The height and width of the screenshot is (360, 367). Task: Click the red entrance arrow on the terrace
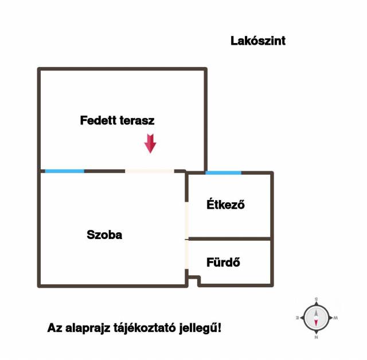(x=150, y=143)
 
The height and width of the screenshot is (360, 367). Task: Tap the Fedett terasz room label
(x=117, y=120)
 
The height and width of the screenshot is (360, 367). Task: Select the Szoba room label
(x=104, y=234)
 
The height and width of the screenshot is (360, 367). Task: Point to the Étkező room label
(x=225, y=204)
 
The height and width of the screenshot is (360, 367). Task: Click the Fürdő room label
(x=223, y=262)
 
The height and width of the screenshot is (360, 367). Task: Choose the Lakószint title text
(x=258, y=41)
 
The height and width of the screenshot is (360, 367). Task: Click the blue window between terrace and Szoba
(x=65, y=171)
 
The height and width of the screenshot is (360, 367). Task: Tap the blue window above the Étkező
(x=223, y=173)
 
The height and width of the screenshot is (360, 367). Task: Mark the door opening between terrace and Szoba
(x=150, y=171)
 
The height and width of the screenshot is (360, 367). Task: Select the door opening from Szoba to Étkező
(x=186, y=220)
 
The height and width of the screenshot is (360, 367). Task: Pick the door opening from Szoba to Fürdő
(x=186, y=255)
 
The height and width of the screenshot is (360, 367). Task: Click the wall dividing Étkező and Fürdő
(x=229, y=239)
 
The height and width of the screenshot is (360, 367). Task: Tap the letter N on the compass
(x=316, y=337)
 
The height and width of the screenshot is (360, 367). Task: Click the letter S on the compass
(x=316, y=299)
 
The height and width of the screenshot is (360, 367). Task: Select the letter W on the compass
(x=335, y=318)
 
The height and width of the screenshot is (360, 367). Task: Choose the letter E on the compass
(x=298, y=318)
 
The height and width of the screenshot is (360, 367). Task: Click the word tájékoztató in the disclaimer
(x=145, y=328)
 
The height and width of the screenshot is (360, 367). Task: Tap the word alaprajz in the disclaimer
(x=88, y=328)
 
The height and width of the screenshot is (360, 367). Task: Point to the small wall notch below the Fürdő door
(x=194, y=279)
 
